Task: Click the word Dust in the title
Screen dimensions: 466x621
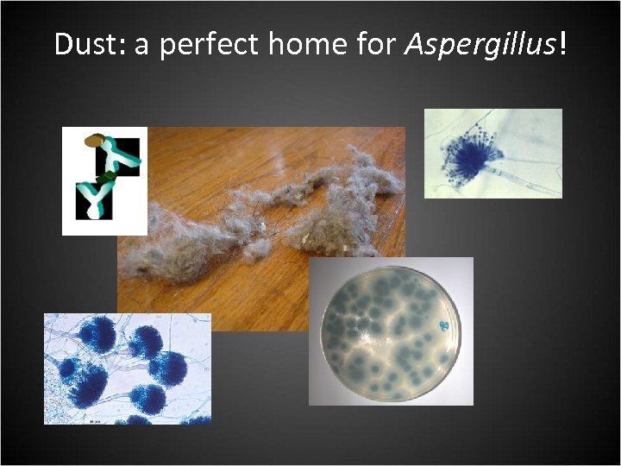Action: tap(88, 44)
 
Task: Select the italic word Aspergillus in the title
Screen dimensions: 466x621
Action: tap(480, 46)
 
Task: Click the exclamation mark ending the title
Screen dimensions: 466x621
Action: tap(563, 44)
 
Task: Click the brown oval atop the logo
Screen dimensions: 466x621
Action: tap(95, 138)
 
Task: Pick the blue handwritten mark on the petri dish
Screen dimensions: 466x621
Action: tap(444, 325)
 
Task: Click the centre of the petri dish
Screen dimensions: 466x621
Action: tap(390, 331)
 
